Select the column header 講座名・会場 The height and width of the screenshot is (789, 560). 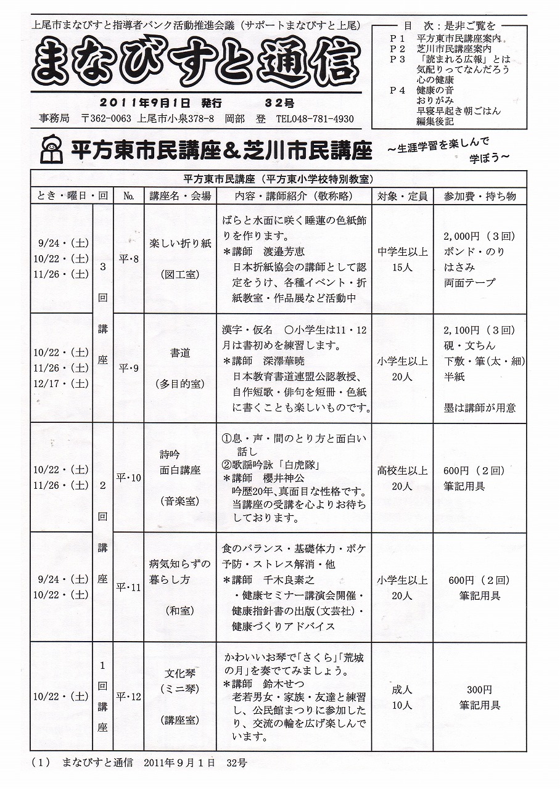pos(180,196)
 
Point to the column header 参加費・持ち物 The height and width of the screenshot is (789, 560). pos(480,196)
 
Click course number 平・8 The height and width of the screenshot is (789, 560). pos(128,259)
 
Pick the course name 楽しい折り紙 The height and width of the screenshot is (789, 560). pos(180,243)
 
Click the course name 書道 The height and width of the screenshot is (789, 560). pos(180,353)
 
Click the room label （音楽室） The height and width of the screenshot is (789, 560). pos(180,501)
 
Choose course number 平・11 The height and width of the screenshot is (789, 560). pos(128,587)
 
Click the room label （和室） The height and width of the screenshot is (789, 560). pos(180,610)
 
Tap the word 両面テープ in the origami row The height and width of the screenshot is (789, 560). pos(469,283)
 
